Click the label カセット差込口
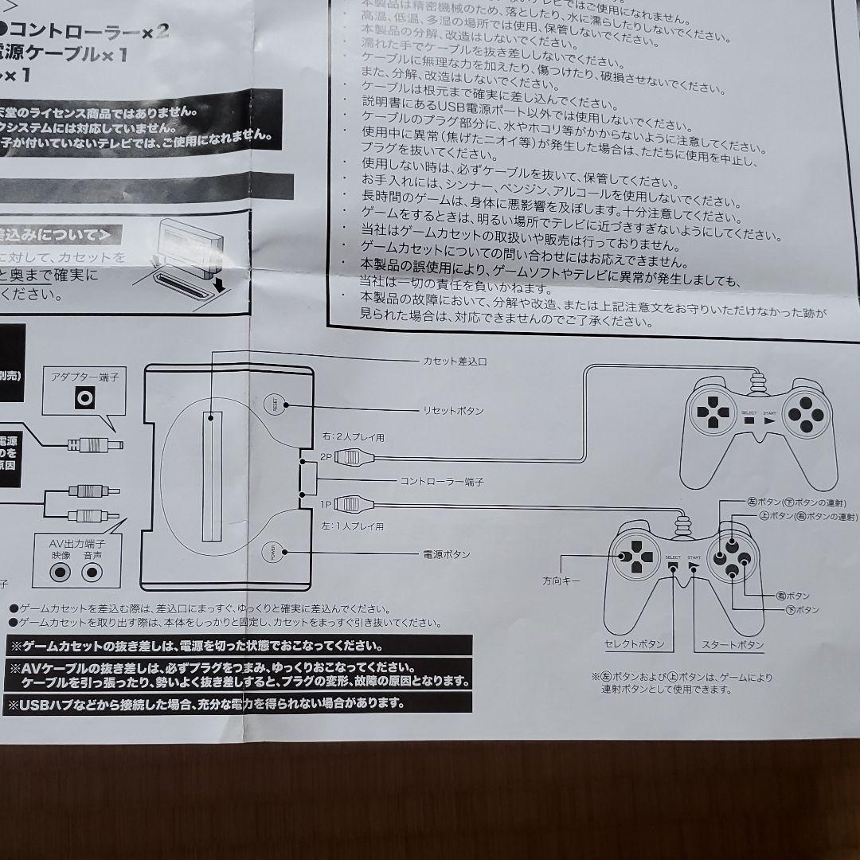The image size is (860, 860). pos(454,362)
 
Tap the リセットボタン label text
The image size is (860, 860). pos(453,411)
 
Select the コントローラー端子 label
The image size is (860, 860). pos(442,482)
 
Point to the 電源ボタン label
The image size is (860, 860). pos(447,554)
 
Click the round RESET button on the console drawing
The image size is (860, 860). pos(275,405)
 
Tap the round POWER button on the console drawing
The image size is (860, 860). pos(273,553)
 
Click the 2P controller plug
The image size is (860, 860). pos(351,457)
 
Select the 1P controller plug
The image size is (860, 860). pos(351,503)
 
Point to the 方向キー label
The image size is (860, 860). pos(562,581)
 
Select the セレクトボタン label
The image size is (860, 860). pos(635,644)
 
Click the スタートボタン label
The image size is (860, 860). pos(733,644)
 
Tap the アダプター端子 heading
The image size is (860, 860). pos(84,377)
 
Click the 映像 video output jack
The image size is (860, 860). pos(61,571)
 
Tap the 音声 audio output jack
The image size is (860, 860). pos(93,571)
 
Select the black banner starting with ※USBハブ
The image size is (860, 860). pos(239,704)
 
